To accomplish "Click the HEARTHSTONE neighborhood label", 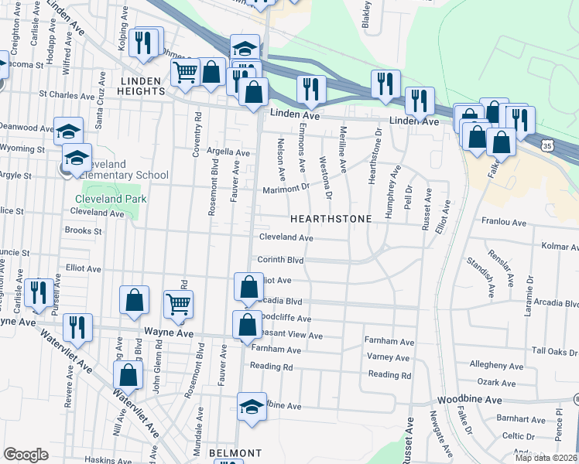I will tap(331, 219).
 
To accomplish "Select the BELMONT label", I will tap(235, 452).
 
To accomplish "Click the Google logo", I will tap(26, 455).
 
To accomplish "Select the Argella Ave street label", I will tap(228, 153).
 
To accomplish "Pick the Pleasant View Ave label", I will tap(288, 336).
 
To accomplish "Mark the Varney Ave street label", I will tap(388, 357).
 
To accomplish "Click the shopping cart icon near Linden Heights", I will tap(186, 73).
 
